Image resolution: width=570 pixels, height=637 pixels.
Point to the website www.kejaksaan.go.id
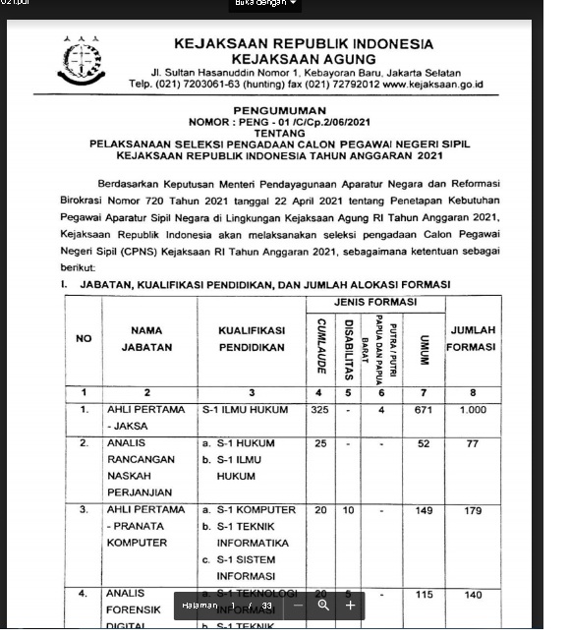pos(432,85)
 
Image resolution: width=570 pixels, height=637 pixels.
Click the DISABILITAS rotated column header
pos(349,344)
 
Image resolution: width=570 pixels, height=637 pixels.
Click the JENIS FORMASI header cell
pos(378,300)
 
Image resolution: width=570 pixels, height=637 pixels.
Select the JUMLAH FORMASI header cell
pos(473,338)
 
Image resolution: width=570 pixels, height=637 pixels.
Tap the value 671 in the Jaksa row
pos(424,409)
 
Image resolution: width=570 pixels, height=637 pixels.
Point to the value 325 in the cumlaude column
pos(320,409)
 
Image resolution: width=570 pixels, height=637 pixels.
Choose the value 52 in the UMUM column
pos(424,443)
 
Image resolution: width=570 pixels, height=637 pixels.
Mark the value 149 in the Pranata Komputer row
pos(424,510)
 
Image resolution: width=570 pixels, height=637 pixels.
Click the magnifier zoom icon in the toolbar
pos(323,606)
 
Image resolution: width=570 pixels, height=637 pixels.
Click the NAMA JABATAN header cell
pos(146,339)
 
